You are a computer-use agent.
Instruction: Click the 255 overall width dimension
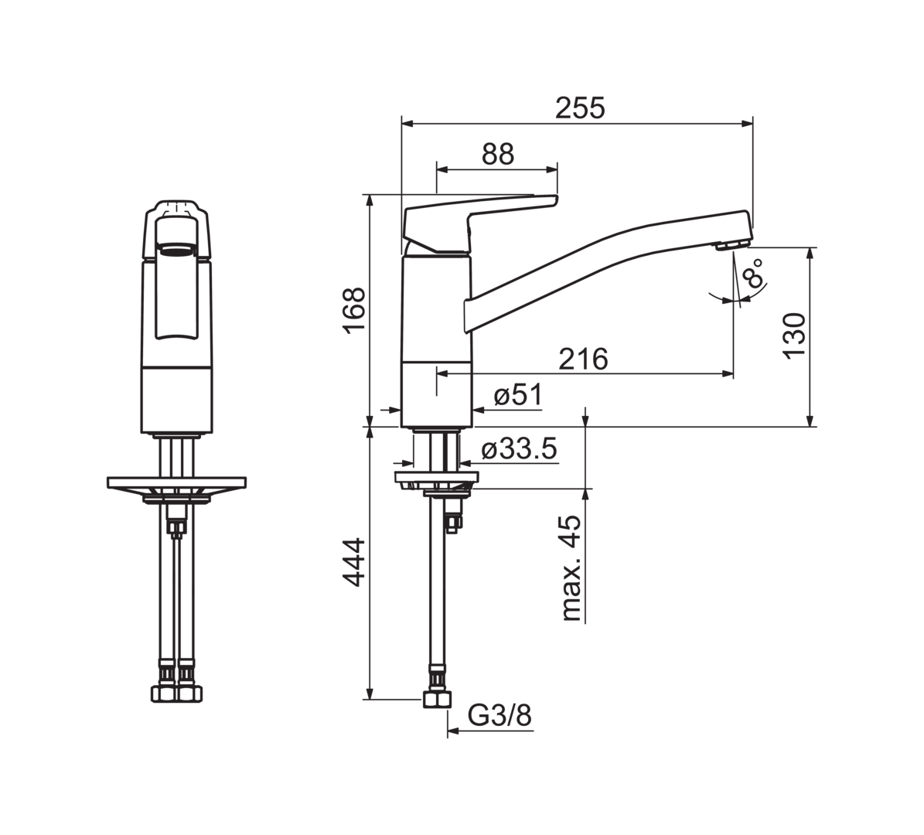(x=581, y=108)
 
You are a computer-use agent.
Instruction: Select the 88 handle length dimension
(x=498, y=155)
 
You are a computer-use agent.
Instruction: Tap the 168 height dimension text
(x=355, y=311)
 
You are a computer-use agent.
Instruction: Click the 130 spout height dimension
(x=794, y=334)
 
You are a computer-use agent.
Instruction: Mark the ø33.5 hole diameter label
(x=519, y=450)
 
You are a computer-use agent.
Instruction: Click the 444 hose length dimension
(x=355, y=561)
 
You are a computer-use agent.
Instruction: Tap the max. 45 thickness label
(x=571, y=568)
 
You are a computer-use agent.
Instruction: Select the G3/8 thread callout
(x=500, y=716)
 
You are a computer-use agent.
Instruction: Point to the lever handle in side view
(x=480, y=224)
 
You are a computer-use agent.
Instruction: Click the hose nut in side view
(x=437, y=700)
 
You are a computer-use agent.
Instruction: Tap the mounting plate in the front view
(x=177, y=482)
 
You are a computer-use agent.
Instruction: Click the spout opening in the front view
(x=177, y=251)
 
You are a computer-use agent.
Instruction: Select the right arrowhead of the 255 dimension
(x=748, y=123)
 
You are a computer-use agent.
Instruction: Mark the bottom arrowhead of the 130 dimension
(x=811, y=420)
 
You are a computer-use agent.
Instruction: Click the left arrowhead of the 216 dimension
(x=442, y=373)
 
